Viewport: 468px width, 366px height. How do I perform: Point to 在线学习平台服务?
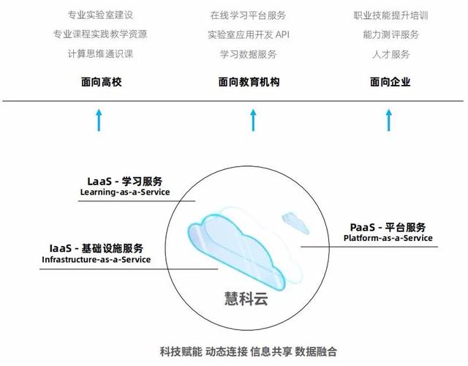pos(248,15)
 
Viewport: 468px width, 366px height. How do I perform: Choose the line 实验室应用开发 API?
pos(248,34)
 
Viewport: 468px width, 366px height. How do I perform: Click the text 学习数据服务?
pos(248,54)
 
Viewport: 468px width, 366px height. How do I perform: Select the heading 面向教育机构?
pos(249,82)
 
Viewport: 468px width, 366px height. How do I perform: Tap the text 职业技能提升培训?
pos(390,15)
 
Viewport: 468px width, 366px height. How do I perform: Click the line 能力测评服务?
pos(390,34)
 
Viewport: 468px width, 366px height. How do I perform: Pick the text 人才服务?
pos(390,54)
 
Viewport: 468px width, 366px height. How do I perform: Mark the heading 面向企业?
pos(390,82)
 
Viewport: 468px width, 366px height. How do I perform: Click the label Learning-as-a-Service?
pos(125,193)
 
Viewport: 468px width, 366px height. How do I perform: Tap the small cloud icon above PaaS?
pos(294,219)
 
